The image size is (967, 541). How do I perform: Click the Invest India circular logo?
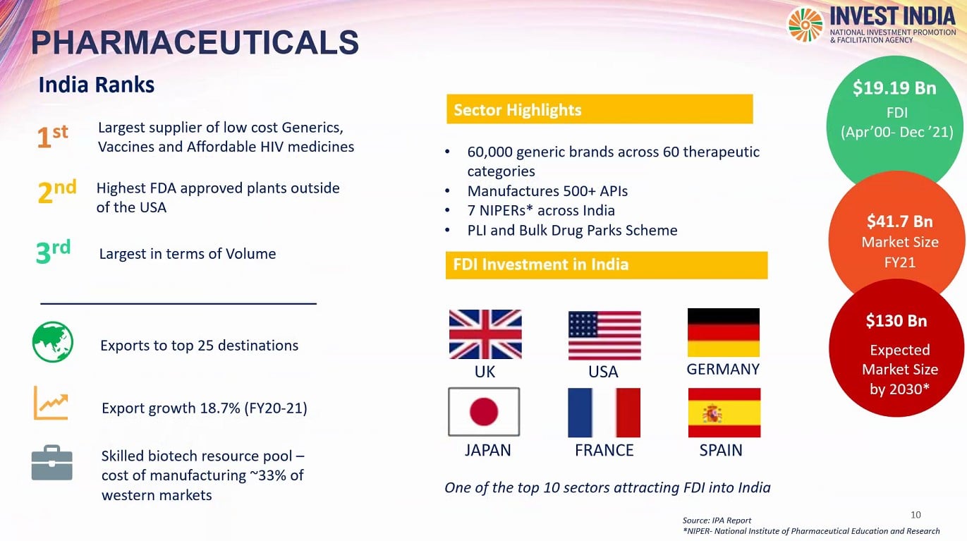pyautogui.click(x=805, y=25)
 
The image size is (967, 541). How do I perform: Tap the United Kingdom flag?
pyautogui.click(x=485, y=334)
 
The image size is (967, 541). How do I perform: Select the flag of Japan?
pyautogui.click(x=484, y=411)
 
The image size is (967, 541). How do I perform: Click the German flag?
pyautogui.click(x=724, y=332)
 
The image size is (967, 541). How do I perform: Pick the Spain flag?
pyautogui.click(x=724, y=413)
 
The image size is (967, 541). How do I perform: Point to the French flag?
pyautogui.click(x=604, y=413)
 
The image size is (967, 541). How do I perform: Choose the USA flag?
pyautogui.click(x=604, y=336)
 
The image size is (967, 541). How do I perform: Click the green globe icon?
pyautogui.click(x=53, y=342)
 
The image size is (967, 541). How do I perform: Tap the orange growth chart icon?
pyautogui.click(x=51, y=403)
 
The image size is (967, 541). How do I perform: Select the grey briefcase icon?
pyautogui.click(x=51, y=463)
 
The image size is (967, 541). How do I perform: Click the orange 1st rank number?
pyautogui.click(x=52, y=135)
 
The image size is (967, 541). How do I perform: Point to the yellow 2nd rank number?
pyautogui.click(x=57, y=191)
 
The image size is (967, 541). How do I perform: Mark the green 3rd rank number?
pyautogui.click(x=53, y=251)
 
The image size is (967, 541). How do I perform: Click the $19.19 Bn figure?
pyautogui.click(x=894, y=88)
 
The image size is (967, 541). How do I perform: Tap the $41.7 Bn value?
pyautogui.click(x=900, y=221)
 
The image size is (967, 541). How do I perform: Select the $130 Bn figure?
pyautogui.click(x=896, y=321)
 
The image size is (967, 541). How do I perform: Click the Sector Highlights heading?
pyautogui.click(x=518, y=110)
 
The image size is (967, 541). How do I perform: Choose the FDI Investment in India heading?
pyautogui.click(x=540, y=265)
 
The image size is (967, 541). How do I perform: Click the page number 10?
pyautogui.click(x=916, y=515)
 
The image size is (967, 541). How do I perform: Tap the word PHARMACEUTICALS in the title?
pyautogui.click(x=195, y=42)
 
